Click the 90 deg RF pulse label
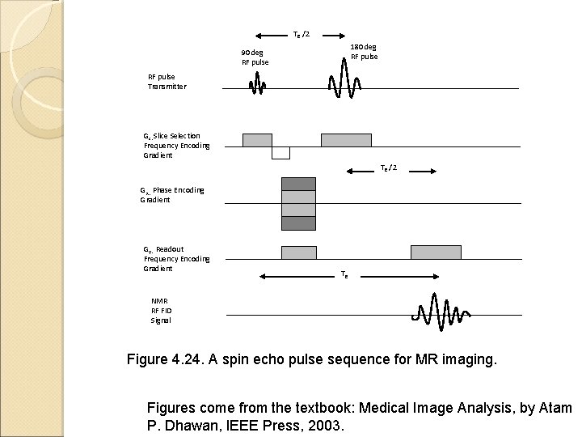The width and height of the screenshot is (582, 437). tap(255, 57)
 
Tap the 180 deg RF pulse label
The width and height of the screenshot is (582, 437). tap(363, 52)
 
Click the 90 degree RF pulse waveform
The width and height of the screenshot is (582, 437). tap(257, 83)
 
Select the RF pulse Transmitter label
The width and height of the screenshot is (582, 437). tap(167, 81)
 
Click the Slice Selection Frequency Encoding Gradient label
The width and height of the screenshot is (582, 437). tap(176, 146)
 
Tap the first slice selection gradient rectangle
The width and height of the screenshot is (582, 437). tap(257, 140)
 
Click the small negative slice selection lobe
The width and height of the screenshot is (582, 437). tap(280, 153)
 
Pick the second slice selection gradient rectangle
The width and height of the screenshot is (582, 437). tap(345, 140)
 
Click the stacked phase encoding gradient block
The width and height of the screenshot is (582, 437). tap(298, 203)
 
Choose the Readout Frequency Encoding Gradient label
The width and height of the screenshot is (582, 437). tap(176, 258)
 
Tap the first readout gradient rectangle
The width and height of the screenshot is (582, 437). tap(298, 252)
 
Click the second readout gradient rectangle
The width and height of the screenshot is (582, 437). tap(436, 252)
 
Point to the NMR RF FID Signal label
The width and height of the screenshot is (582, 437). tap(160, 310)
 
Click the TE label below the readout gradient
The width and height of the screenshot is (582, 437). tap(344, 275)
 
